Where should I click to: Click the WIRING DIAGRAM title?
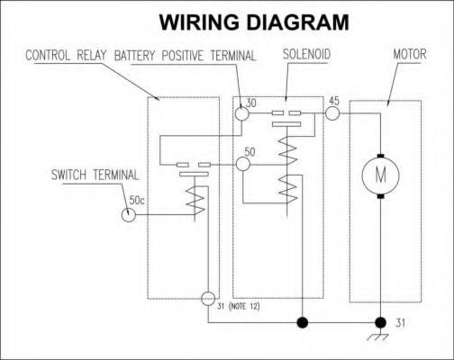pyautogui.click(x=254, y=22)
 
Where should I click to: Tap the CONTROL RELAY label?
pyautogui.click(x=66, y=56)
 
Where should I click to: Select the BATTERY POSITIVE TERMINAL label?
pyautogui.click(x=185, y=56)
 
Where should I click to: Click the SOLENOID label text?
pyautogui.click(x=306, y=54)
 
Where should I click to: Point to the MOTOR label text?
pyautogui.click(x=410, y=54)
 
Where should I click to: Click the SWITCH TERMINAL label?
pyautogui.click(x=95, y=175)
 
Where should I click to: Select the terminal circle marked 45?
pyautogui.click(x=332, y=113)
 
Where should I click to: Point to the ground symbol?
pyautogui.click(x=378, y=337)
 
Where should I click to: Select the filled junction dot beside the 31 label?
pyautogui.click(x=381, y=323)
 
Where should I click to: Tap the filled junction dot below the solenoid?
pyautogui.click(x=303, y=323)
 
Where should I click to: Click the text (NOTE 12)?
pyautogui.click(x=244, y=307)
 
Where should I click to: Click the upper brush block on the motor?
pyautogui.click(x=381, y=156)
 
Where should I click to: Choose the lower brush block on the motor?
pyautogui.click(x=381, y=196)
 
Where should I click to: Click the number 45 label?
pyautogui.click(x=334, y=101)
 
